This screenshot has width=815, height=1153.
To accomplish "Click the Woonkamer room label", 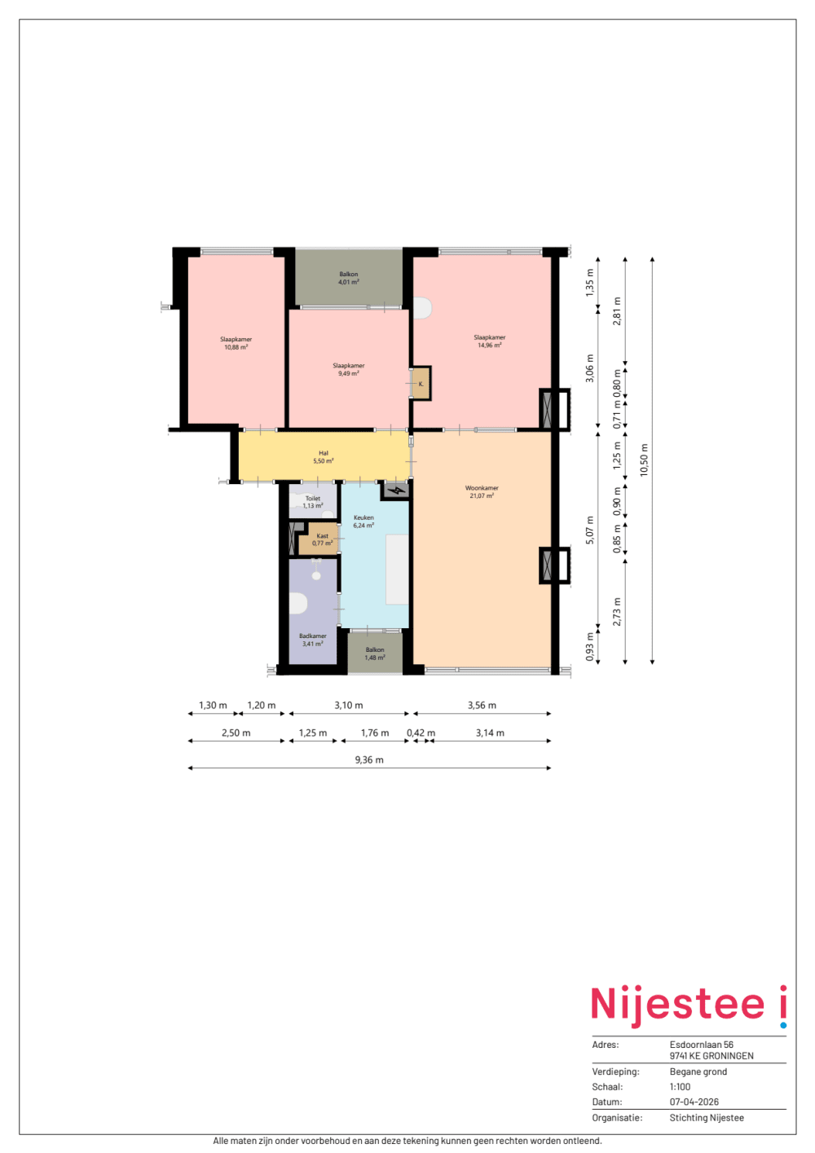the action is click(x=482, y=488).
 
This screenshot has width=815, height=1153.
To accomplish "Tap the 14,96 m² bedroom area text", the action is click(x=489, y=345).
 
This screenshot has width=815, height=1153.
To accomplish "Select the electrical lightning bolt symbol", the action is click(x=396, y=491).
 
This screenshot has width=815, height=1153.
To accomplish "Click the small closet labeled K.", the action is click(x=421, y=384).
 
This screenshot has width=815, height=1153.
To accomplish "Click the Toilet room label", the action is click(x=312, y=498).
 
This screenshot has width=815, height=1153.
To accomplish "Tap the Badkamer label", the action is click(x=312, y=636).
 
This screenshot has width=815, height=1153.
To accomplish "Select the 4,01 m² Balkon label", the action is click(x=349, y=279).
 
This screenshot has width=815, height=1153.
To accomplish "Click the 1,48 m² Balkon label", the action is click(x=375, y=654).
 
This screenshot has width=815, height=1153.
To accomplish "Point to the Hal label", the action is click(x=324, y=454).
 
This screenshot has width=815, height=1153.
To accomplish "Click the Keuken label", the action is click(x=363, y=517).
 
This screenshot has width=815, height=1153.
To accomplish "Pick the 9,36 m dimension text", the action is click(x=369, y=759).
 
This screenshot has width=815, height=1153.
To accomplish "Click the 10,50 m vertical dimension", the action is click(x=644, y=460).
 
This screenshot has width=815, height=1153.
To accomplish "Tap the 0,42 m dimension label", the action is click(x=421, y=733).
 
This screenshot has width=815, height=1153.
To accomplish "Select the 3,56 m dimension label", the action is click(x=482, y=705).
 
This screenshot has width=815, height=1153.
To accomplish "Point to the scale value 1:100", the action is click(x=680, y=1087).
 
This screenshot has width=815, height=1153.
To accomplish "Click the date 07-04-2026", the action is click(x=694, y=1102).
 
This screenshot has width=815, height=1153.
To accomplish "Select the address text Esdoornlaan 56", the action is click(x=701, y=1045).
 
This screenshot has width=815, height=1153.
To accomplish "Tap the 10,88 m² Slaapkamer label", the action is click(x=236, y=343).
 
